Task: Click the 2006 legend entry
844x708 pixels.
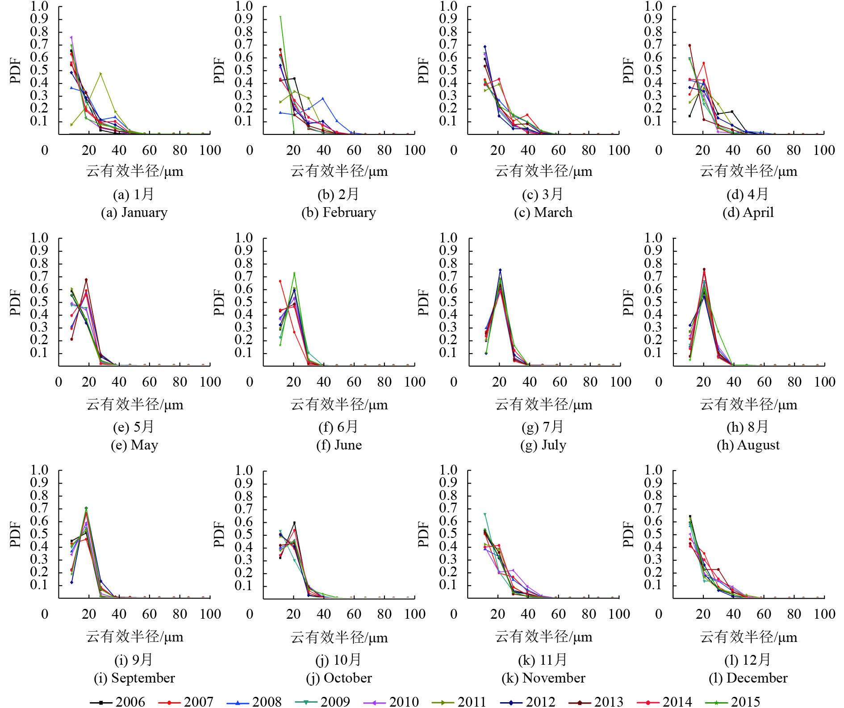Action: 118,701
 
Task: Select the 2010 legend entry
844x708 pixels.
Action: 392,701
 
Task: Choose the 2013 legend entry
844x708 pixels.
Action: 596,701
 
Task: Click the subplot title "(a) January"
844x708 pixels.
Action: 134,212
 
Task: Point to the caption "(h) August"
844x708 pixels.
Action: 748,445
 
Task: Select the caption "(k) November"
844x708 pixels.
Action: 543,678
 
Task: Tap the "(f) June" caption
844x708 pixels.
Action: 339,445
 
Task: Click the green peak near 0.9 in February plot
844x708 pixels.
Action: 280,17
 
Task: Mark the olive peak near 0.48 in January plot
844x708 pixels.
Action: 101,74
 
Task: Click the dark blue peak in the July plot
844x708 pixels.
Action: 500,270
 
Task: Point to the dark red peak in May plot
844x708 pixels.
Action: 86,280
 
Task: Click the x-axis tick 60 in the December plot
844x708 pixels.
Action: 764,614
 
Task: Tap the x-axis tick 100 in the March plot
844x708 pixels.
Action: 619,150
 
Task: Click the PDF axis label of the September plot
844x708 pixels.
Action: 15,534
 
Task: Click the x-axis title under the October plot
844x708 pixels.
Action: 339,637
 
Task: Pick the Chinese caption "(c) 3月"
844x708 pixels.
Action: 543,194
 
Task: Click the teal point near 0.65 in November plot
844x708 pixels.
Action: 485,515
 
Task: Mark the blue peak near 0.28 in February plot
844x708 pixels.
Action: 323,99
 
